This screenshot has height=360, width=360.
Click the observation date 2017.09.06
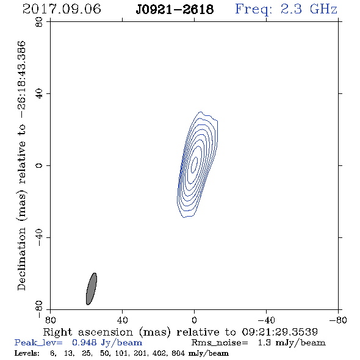click(62, 9)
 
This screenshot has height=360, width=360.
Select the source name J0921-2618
click(175, 9)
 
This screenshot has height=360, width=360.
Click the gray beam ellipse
click(92, 289)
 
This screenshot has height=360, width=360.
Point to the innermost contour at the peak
click(195, 165)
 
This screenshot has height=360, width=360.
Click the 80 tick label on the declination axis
click(39, 22)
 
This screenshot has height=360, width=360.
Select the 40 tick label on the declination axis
click(39, 94)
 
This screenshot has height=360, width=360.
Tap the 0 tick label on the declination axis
click(39, 165)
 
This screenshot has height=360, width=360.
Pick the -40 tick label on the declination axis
click(39, 237)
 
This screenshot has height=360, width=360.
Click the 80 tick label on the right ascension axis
click(50, 320)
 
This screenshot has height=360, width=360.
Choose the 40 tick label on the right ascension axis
click(122, 320)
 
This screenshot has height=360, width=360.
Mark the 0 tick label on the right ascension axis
click(194, 320)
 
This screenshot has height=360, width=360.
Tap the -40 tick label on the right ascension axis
click(266, 320)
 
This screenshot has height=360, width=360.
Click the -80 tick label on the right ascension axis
click(338, 320)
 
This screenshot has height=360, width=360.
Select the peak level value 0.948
click(84, 342)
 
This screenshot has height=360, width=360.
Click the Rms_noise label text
click(220, 343)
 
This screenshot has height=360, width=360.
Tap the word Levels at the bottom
click(27, 353)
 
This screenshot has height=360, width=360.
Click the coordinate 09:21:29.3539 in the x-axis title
click(279, 332)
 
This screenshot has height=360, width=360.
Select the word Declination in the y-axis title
click(21, 259)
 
